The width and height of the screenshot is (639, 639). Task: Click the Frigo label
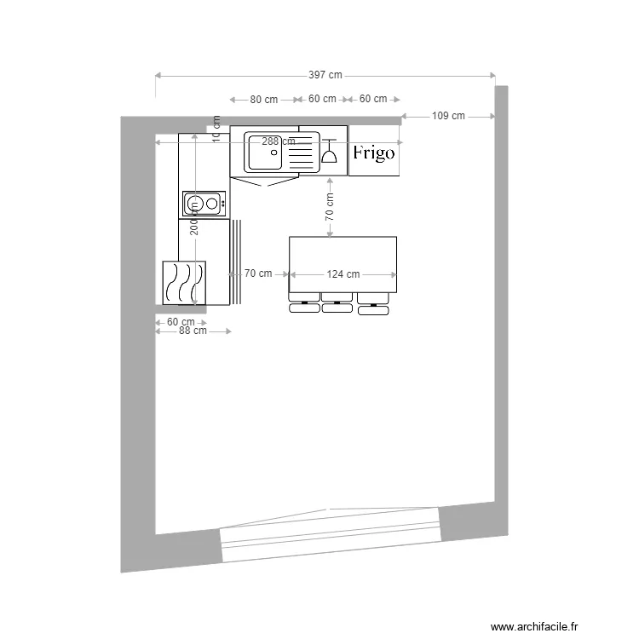(x=374, y=153)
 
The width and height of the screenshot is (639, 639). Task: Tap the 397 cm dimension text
(x=325, y=75)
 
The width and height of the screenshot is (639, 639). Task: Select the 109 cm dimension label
(x=448, y=116)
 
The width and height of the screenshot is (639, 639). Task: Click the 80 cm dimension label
(x=264, y=100)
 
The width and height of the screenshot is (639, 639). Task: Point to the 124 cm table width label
(x=343, y=274)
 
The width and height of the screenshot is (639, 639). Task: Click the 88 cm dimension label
(x=193, y=331)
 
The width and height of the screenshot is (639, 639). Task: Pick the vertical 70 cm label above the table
(x=329, y=207)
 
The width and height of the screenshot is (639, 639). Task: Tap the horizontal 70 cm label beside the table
(x=258, y=273)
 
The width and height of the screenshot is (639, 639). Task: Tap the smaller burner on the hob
(x=212, y=204)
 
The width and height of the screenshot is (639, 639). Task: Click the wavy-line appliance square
(x=184, y=282)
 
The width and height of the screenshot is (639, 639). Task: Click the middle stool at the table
(x=337, y=305)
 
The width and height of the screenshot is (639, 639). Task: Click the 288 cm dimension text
(x=279, y=141)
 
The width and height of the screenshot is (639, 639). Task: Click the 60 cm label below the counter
(x=181, y=322)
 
